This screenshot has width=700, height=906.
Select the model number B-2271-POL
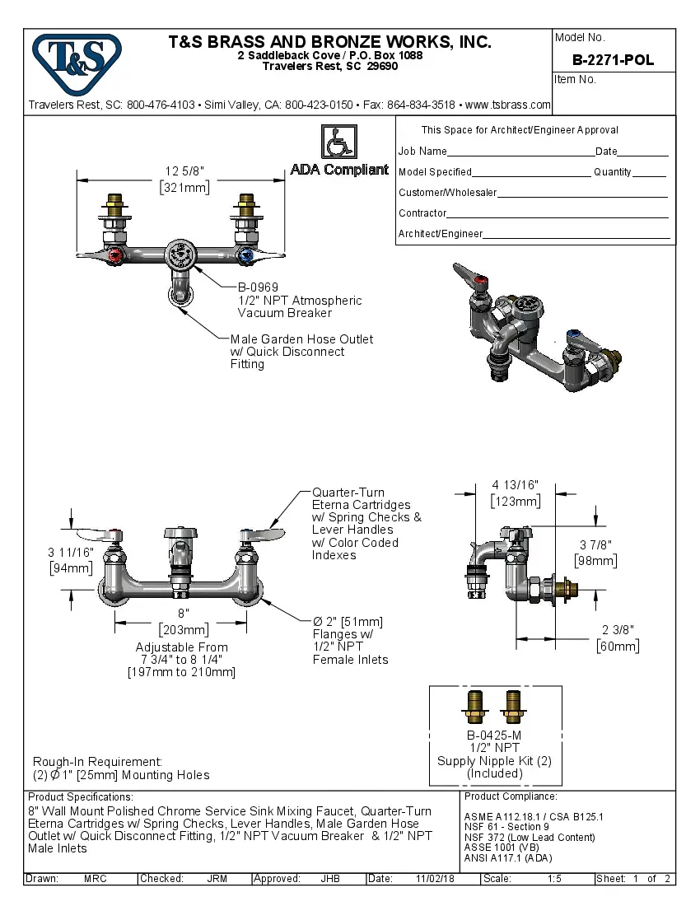[x=613, y=60]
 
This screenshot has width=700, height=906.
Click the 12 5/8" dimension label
[x=184, y=170]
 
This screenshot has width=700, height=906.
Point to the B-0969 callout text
[x=258, y=287]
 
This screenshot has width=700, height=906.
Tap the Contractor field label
[x=422, y=213]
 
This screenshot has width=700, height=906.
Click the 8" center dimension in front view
[x=183, y=614]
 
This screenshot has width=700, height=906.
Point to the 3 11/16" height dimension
[x=71, y=552]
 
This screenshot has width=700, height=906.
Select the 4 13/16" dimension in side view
[x=516, y=484]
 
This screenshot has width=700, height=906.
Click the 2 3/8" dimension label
[x=618, y=630]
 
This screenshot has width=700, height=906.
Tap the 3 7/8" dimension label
[x=595, y=545]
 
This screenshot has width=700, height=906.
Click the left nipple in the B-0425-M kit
[x=476, y=707]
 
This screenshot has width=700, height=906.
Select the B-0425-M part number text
[x=494, y=736]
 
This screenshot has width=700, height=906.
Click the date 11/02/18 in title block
[x=436, y=879]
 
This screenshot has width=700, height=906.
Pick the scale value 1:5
[x=554, y=879]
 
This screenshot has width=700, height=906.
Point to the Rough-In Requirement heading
[x=97, y=762]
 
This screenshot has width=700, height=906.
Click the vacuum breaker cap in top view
[x=180, y=255]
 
